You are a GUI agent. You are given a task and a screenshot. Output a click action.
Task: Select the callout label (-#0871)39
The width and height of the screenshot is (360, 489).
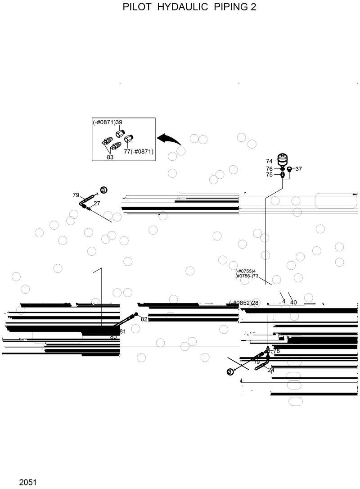pos(108,122)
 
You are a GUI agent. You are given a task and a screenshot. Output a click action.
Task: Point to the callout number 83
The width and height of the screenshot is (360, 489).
pos(110,157)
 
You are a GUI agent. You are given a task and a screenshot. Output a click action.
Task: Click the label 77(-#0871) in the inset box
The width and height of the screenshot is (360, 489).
pos(139,152)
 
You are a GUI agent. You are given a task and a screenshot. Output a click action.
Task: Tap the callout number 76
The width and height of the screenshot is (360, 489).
pos(269,169)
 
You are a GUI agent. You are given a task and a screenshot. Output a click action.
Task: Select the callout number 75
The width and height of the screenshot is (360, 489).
pos(269,175)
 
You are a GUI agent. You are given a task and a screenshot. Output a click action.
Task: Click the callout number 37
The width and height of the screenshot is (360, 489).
pos(299,169)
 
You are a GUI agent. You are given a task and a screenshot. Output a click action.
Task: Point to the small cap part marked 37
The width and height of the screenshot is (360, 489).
pos(289,169)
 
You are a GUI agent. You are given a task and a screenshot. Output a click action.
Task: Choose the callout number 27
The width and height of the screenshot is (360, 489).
pos(97,204)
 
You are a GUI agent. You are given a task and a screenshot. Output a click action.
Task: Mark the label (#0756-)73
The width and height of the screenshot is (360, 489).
pos(247,276)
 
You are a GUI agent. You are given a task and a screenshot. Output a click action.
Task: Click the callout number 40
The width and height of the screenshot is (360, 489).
pos(293,303)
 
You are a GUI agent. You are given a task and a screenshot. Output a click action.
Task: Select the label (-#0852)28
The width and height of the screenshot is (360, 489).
pos(244,303)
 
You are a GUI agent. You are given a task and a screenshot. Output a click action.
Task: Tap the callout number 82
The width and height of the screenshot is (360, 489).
pos(144,319)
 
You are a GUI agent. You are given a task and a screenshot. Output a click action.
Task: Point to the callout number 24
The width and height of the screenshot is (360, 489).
pos(271,370)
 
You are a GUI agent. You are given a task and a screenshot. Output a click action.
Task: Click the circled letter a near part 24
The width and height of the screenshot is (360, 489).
pos(230,371)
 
